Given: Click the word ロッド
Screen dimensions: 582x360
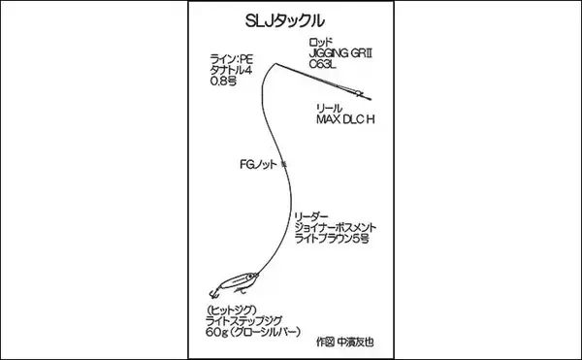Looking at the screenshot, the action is [x=321, y=43].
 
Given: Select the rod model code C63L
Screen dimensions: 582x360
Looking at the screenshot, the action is [x=325, y=68].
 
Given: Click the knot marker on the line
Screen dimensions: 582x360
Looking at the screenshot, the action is [x=283, y=165].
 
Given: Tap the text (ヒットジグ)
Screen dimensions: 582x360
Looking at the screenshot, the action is [x=235, y=308].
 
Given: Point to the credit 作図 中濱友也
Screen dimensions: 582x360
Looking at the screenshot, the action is [x=344, y=342].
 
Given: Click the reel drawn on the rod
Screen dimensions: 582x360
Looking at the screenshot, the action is [x=359, y=94].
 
